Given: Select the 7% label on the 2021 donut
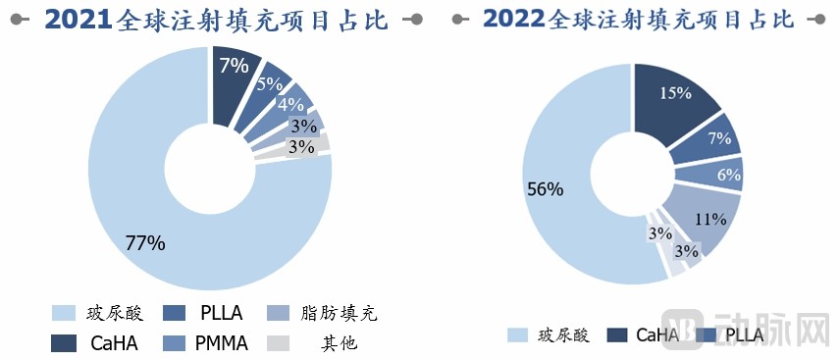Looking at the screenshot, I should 234,67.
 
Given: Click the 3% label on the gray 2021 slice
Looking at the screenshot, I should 301,147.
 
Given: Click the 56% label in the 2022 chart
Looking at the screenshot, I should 545,189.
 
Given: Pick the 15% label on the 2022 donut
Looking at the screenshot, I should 676,94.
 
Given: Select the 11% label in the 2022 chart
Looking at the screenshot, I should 708,219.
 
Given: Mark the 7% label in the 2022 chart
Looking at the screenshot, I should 719,138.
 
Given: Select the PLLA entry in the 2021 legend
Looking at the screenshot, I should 221,314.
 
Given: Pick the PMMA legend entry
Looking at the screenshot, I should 221,343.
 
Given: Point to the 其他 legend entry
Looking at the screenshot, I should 339,343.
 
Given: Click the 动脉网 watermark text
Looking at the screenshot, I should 781,332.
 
